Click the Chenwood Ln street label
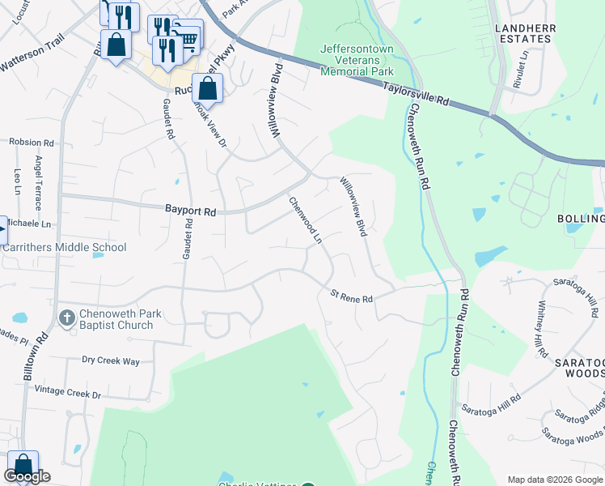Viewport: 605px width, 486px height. [306, 220]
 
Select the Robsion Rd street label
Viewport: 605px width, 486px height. [31, 142]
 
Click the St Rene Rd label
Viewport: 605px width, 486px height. [351, 297]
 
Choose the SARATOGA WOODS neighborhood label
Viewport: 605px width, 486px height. [578, 366]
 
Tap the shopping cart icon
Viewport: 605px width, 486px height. [188, 37]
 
